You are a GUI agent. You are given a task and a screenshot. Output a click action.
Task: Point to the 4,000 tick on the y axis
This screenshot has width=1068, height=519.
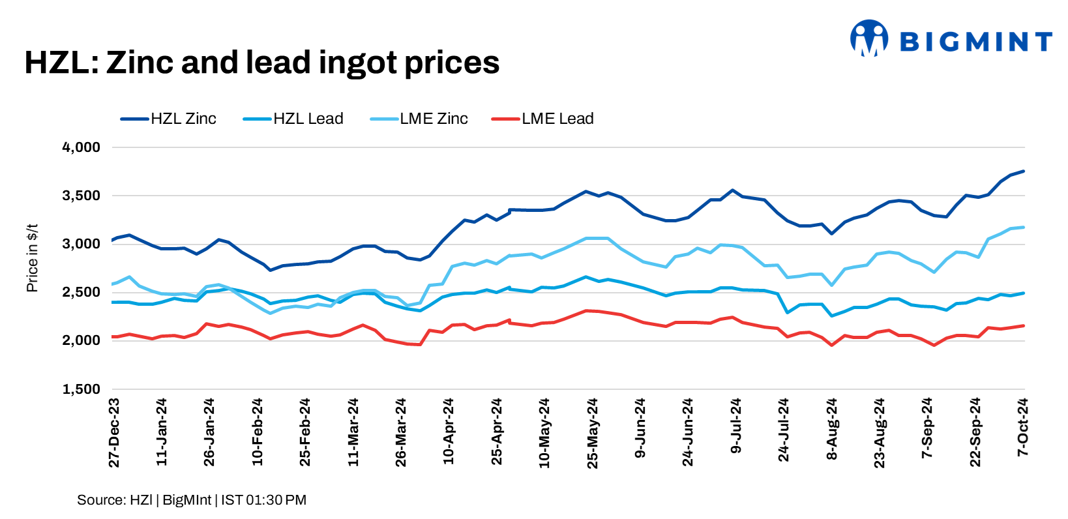click(x=81, y=147)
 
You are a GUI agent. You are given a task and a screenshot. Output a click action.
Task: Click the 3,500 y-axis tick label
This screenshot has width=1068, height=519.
click(x=81, y=196)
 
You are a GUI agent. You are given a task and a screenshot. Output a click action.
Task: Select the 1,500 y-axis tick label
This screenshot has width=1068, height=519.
click(x=81, y=389)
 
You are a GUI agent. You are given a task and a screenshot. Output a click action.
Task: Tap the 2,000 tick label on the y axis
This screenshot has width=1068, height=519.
click(x=81, y=340)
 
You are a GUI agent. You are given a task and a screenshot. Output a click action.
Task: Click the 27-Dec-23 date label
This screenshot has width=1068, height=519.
click(x=114, y=433)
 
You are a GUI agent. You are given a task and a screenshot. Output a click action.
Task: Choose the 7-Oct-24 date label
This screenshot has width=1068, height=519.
click(x=1023, y=428)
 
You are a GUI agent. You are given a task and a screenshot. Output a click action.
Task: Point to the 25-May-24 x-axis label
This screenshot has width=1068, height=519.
click(x=592, y=433)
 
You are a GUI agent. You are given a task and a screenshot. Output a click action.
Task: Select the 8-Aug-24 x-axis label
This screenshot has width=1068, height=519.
click(x=832, y=430)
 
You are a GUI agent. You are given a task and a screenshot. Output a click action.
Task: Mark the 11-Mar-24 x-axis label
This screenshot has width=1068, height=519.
click(x=353, y=433)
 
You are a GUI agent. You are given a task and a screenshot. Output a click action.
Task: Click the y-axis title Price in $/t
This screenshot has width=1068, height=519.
click(x=32, y=258)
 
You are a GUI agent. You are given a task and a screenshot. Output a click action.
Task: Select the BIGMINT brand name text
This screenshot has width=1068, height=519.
click(x=975, y=42)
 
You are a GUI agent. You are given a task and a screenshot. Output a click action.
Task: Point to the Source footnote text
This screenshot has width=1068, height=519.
click(x=192, y=500)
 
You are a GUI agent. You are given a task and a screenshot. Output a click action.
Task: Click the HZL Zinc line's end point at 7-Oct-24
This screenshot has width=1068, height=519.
click(x=1024, y=171)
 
